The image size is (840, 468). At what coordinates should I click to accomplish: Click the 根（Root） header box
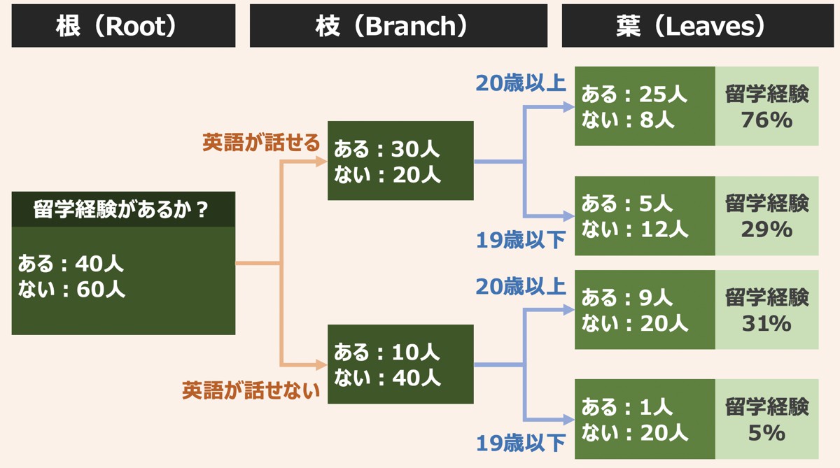[x=123, y=25]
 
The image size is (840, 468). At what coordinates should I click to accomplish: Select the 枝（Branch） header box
[x=398, y=25]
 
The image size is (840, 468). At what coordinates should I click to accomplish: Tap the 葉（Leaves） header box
[x=698, y=25]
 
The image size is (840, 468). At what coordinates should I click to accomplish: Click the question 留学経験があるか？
[x=120, y=209]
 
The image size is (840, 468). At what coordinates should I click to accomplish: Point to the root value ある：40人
[x=71, y=263]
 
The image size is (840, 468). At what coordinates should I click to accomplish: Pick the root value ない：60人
[x=71, y=289]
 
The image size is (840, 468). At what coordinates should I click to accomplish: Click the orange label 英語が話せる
[x=261, y=143]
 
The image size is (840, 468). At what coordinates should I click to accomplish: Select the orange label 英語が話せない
[x=251, y=390]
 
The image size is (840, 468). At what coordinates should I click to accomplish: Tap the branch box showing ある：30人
[x=400, y=160]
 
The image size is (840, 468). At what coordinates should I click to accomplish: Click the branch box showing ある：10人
[x=400, y=364]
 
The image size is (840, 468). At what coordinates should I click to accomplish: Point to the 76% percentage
[x=766, y=120]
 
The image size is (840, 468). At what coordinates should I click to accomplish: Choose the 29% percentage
[x=766, y=229]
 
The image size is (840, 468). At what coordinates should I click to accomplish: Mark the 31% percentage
[x=766, y=323]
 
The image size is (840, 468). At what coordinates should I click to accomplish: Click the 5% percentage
[x=766, y=433]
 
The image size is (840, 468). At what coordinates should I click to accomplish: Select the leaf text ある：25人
[x=634, y=94]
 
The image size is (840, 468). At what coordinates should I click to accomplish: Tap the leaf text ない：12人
[x=635, y=229]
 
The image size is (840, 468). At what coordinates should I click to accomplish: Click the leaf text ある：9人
[x=626, y=297]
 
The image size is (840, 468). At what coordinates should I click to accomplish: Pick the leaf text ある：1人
[x=626, y=407]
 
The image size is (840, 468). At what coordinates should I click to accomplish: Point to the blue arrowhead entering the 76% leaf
[x=569, y=107]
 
